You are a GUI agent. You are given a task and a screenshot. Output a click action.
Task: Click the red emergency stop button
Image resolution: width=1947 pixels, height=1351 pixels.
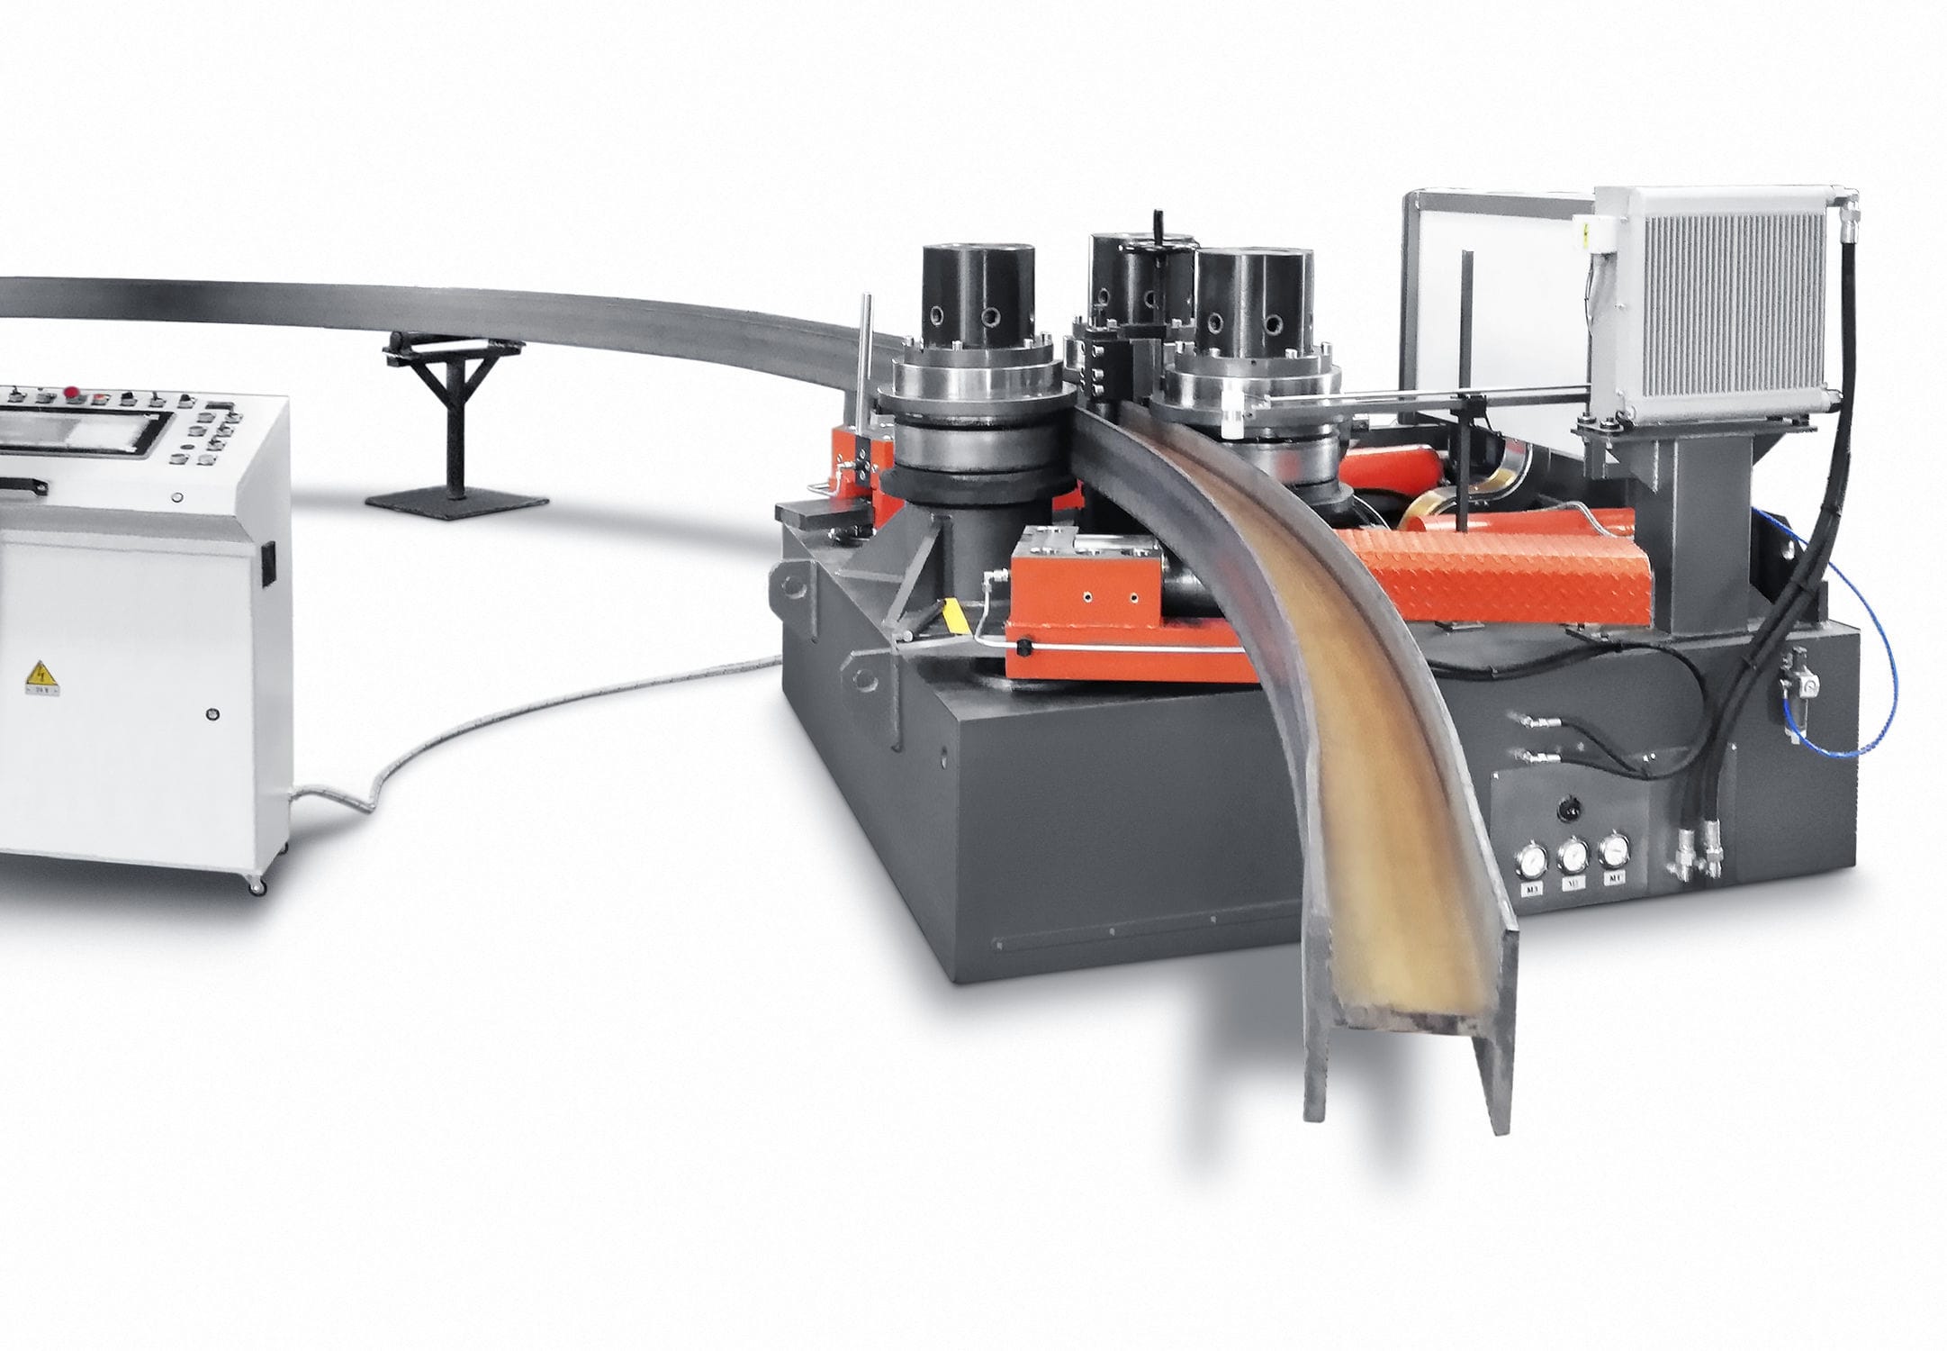[x=69, y=391]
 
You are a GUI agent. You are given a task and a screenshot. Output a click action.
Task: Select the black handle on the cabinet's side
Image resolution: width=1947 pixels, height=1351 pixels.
[x=266, y=562]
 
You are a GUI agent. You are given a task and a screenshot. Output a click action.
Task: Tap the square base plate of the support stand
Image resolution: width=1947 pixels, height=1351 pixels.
[x=456, y=501]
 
